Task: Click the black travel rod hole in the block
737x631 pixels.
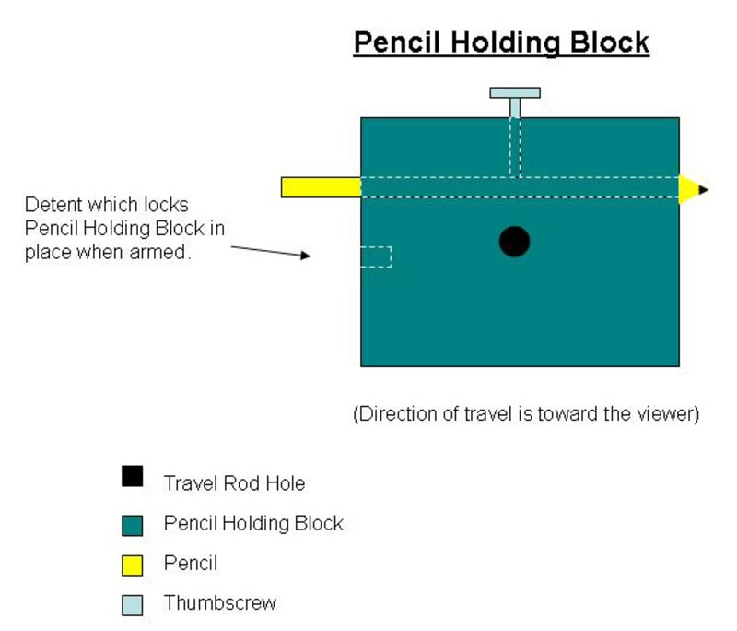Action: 514,242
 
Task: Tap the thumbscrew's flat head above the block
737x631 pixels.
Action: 515,92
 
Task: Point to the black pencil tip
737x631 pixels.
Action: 704,190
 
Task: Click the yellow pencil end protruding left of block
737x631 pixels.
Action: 321,187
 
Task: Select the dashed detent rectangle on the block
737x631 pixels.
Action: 376,256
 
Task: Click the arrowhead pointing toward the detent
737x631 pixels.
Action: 306,255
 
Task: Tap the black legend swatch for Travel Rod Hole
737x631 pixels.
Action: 132,476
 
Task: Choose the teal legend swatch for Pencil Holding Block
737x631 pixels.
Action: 132,526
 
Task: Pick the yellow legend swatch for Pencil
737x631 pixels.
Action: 132,566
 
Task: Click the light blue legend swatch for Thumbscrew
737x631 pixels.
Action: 132,605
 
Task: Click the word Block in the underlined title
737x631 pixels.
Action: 610,42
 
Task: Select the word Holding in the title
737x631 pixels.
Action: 505,43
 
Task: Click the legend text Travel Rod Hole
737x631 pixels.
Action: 234,483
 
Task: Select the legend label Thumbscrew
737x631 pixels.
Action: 220,602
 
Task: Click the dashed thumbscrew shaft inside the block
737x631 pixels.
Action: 515,148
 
